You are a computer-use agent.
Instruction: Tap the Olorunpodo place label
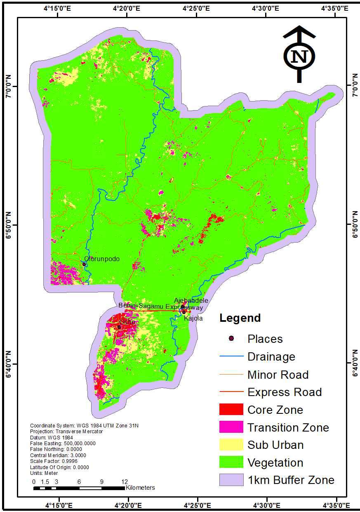tap(102, 259)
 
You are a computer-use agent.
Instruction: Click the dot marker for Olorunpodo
tap(84, 264)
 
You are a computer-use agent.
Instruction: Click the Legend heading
tap(240, 318)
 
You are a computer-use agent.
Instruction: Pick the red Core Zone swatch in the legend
tap(231, 410)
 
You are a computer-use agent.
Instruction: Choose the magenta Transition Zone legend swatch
tap(231, 427)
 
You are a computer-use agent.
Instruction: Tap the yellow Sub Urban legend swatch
tap(231, 445)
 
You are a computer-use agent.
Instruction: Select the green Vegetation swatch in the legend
tap(231, 462)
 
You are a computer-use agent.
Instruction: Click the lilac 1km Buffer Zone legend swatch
tap(231, 480)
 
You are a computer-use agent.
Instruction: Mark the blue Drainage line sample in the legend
tap(231, 356)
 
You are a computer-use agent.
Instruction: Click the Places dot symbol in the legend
tap(231, 339)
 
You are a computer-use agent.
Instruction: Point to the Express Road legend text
tap(285, 392)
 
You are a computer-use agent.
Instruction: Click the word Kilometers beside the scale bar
tap(140, 488)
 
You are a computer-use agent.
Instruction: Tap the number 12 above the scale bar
tap(125, 481)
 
